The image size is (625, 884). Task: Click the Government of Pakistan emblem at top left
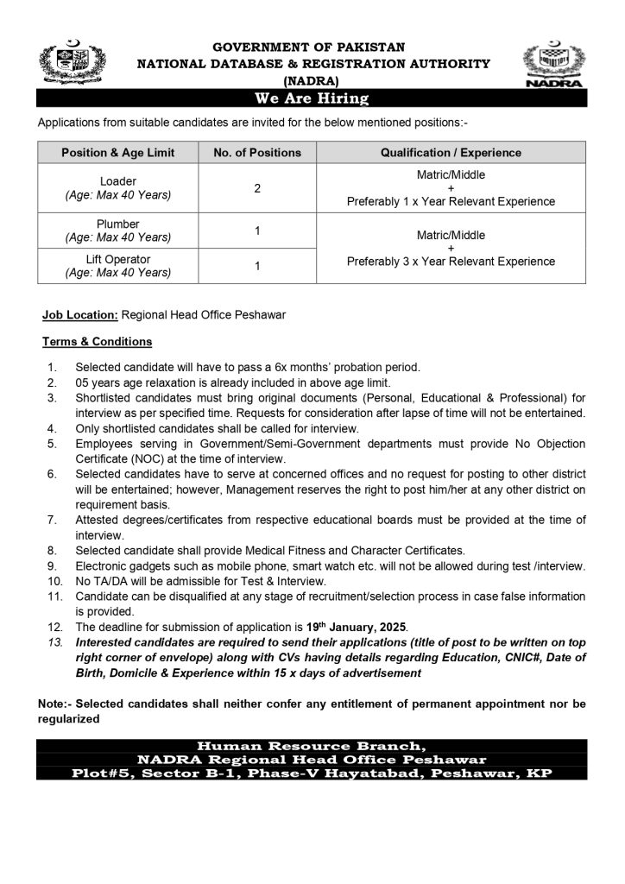click(x=70, y=63)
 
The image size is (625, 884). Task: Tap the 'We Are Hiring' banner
click(x=312, y=98)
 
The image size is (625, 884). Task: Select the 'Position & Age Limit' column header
click(x=118, y=153)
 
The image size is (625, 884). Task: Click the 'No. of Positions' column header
click(x=257, y=153)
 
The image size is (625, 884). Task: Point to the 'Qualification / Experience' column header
click(x=451, y=153)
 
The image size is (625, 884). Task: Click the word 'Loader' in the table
click(x=118, y=181)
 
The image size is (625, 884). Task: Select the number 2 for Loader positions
click(x=257, y=188)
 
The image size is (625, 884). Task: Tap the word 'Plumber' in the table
click(x=118, y=224)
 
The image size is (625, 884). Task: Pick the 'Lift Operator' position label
click(x=118, y=259)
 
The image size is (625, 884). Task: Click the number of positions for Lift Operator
click(x=257, y=266)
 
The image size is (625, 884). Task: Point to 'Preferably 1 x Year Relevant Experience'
click(x=451, y=202)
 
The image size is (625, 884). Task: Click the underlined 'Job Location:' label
click(x=80, y=315)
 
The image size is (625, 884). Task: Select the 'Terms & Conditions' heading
click(x=97, y=341)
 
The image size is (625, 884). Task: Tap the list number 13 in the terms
click(x=54, y=643)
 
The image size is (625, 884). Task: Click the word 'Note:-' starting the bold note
click(x=55, y=704)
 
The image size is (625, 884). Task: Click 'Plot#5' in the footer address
click(x=103, y=773)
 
